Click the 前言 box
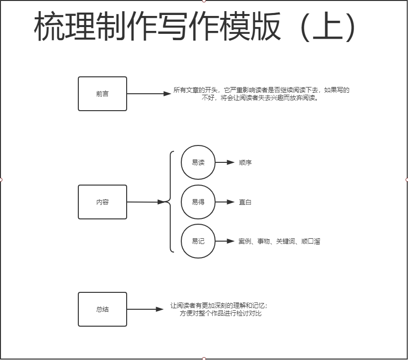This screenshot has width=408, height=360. (102, 94)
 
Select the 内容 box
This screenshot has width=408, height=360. (102, 202)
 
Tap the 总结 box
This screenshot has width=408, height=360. (102, 309)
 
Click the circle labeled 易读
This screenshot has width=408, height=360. (198, 162)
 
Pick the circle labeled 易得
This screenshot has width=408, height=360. (198, 202)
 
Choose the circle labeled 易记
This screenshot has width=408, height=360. (198, 241)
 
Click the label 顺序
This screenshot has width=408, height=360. (245, 162)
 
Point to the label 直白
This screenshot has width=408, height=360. (245, 202)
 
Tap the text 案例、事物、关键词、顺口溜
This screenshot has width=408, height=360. (279, 241)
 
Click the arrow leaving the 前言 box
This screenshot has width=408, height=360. (147, 94)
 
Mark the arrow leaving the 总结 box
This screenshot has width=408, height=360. (144, 309)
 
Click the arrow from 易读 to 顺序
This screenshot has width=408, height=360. (224, 162)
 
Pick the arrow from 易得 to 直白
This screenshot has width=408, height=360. (224, 202)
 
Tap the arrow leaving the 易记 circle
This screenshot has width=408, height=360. (224, 241)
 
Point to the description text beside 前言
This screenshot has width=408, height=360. (262, 94)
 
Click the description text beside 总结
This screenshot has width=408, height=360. (219, 309)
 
